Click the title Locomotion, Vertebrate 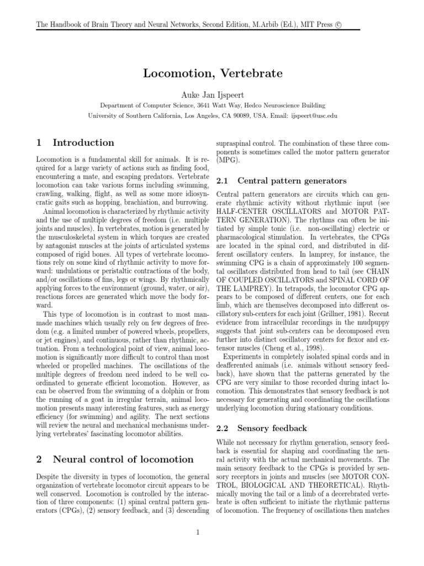(x=212, y=73)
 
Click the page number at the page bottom (x=213, y=532)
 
